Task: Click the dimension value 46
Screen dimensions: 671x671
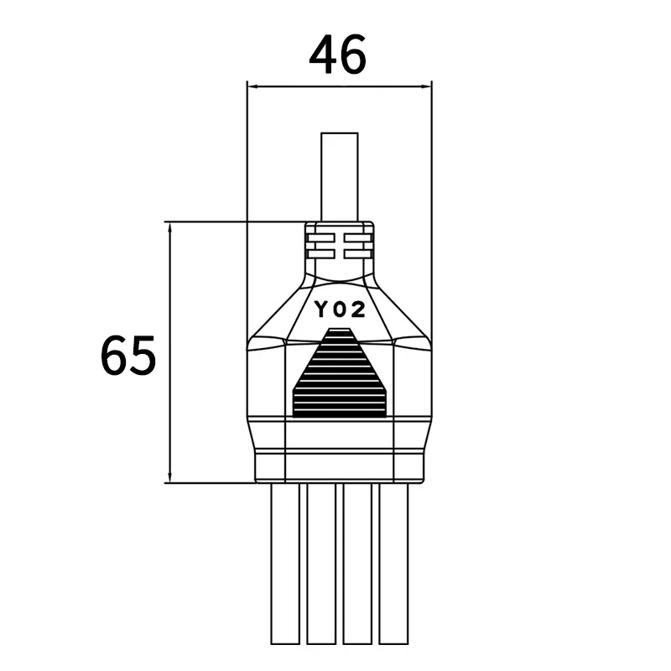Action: point(338,56)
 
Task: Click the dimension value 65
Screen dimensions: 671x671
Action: point(128,356)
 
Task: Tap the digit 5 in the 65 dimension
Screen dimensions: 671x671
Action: point(143,356)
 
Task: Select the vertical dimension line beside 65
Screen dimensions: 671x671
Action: point(170,352)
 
